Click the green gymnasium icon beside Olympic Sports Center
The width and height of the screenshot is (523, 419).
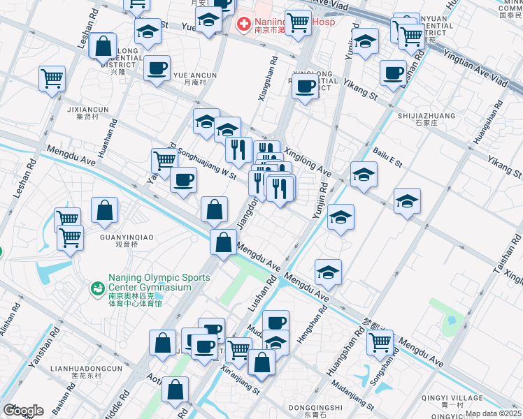coord(97,287)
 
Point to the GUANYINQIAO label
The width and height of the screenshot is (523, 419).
coord(127,237)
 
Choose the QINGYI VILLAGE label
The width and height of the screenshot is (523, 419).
coord(452,399)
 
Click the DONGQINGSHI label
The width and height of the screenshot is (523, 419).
coord(315,407)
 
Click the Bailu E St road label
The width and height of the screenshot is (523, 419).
coord(387,157)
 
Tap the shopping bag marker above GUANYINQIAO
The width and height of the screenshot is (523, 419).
coord(104,210)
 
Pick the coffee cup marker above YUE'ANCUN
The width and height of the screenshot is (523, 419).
coord(157,68)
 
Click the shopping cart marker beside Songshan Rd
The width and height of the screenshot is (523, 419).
coord(380,342)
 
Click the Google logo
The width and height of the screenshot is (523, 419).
coord(23,411)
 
